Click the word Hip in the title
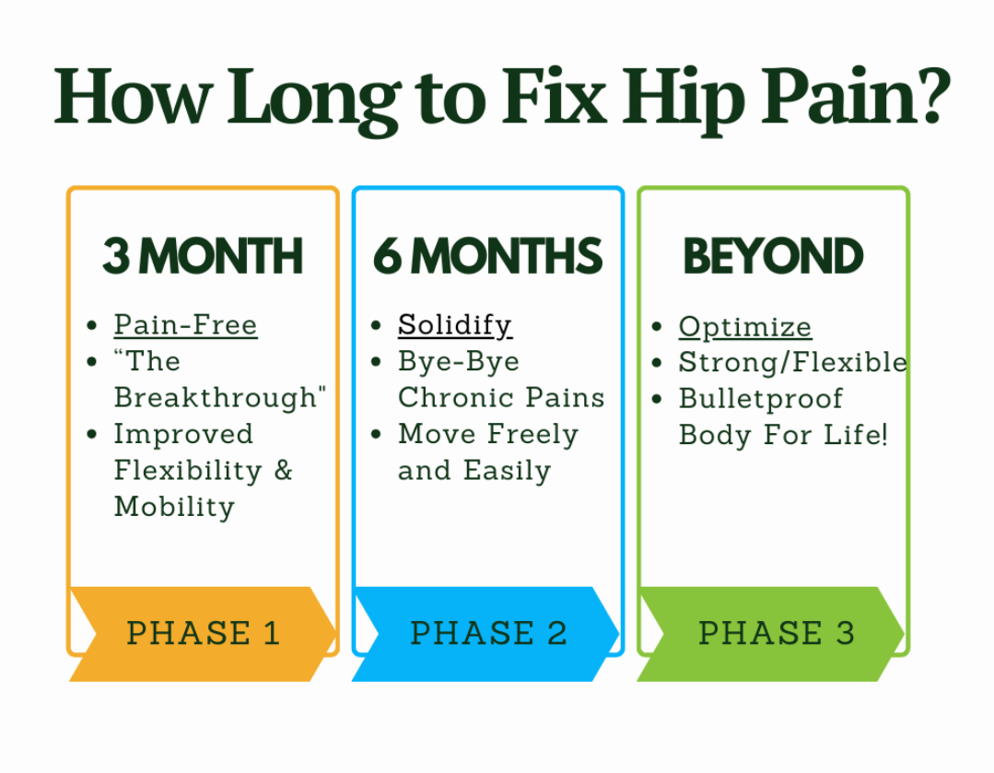coord(681,97)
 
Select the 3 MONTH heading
coord(202,257)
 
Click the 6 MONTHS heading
coord(487,257)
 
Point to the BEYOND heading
coord(773,257)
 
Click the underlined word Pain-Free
coord(185,325)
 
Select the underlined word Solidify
coord(454,325)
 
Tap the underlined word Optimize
coord(744,327)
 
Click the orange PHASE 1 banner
coord(203,634)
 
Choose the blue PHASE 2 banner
coord(488,634)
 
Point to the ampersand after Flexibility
coord(283,471)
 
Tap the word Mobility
coord(174,507)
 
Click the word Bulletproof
coord(760,399)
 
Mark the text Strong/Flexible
coord(792,363)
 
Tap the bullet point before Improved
coord(91,434)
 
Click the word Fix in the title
coord(556,97)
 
